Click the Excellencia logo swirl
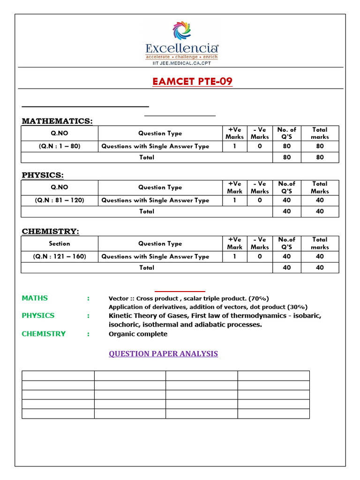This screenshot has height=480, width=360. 181,31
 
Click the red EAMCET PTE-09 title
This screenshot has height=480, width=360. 192,82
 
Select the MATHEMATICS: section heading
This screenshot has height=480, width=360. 57,121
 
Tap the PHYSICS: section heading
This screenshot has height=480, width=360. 43,175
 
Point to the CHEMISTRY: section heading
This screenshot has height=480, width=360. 51,232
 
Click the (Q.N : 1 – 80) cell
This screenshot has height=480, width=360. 60,146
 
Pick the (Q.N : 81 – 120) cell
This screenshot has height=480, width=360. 60,200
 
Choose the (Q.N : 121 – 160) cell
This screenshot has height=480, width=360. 60,256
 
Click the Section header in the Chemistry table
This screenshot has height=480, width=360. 60,244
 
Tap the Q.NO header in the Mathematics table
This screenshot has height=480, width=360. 60,133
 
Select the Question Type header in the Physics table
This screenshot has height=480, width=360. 160,187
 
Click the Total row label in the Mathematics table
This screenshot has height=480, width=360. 147,157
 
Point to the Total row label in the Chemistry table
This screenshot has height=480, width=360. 147,268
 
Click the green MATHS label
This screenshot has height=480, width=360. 35,298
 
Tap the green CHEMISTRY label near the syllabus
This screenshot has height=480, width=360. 44,334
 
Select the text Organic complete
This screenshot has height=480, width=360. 138,334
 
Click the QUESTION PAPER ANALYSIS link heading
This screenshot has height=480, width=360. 163,353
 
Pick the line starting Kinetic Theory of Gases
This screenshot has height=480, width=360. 215,315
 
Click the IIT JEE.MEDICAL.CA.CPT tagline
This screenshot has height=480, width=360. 181,63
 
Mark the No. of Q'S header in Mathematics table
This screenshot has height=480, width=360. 287,133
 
